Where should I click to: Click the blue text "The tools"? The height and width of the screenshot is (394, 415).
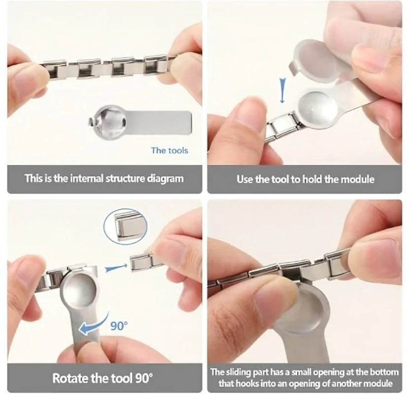(170, 151)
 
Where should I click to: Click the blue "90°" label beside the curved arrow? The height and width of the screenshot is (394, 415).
(119, 326)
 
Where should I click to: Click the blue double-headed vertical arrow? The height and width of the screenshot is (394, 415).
(283, 91)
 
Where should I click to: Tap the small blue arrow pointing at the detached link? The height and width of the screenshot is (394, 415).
(115, 268)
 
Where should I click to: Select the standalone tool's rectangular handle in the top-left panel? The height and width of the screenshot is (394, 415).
(159, 122)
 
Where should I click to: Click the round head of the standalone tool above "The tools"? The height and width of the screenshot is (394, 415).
(107, 121)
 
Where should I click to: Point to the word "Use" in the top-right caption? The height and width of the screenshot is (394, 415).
(245, 179)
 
